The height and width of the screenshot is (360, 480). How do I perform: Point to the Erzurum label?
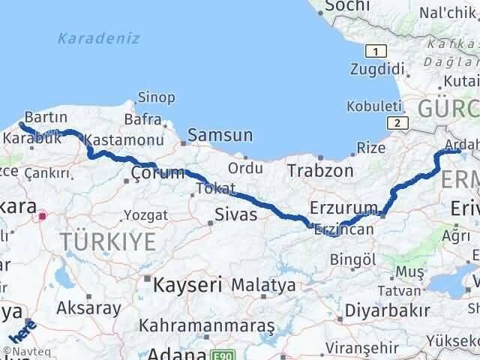click(x=340, y=207)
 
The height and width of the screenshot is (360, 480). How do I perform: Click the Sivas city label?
click(x=236, y=215)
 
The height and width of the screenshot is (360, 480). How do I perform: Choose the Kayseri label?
click(x=187, y=284)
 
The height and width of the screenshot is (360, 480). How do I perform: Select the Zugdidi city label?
click(x=377, y=69)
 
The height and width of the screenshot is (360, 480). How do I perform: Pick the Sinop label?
click(x=156, y=97)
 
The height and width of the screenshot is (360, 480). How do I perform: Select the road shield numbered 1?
click(x=374, y=51)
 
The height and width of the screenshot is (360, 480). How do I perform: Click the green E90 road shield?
click(x=220, y=353)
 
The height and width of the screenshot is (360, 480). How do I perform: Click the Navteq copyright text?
click(x=21, y=351)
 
